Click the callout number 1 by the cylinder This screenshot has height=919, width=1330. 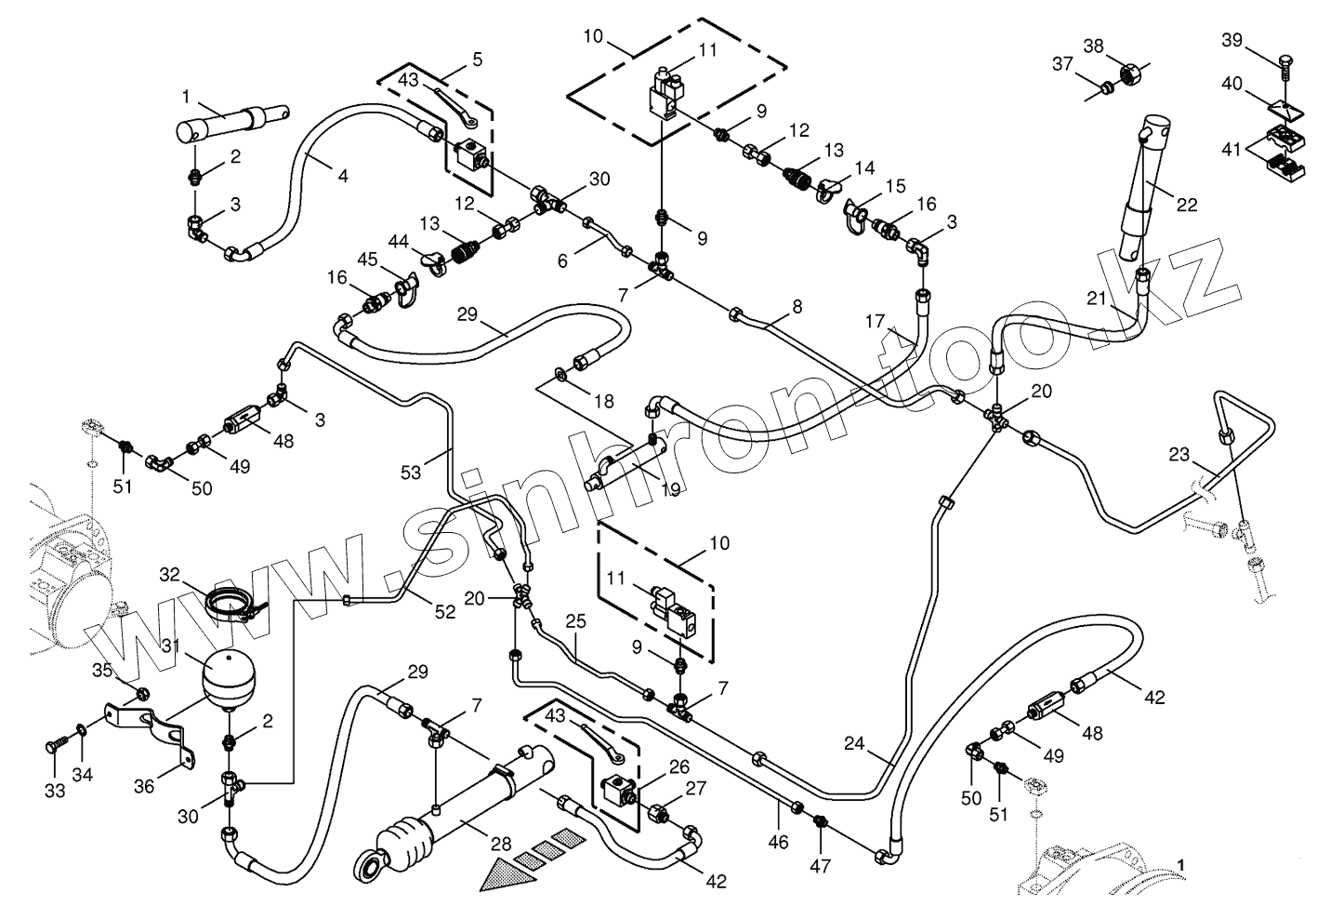(187, 96)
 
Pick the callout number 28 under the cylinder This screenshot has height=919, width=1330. (501, 844)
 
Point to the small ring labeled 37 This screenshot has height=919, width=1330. (1106, 87)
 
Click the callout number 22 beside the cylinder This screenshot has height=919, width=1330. (1187, 206)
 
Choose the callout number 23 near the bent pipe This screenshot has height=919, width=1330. (1179, 455)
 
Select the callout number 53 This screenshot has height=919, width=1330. (411, 472)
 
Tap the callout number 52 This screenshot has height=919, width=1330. (445, 611)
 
